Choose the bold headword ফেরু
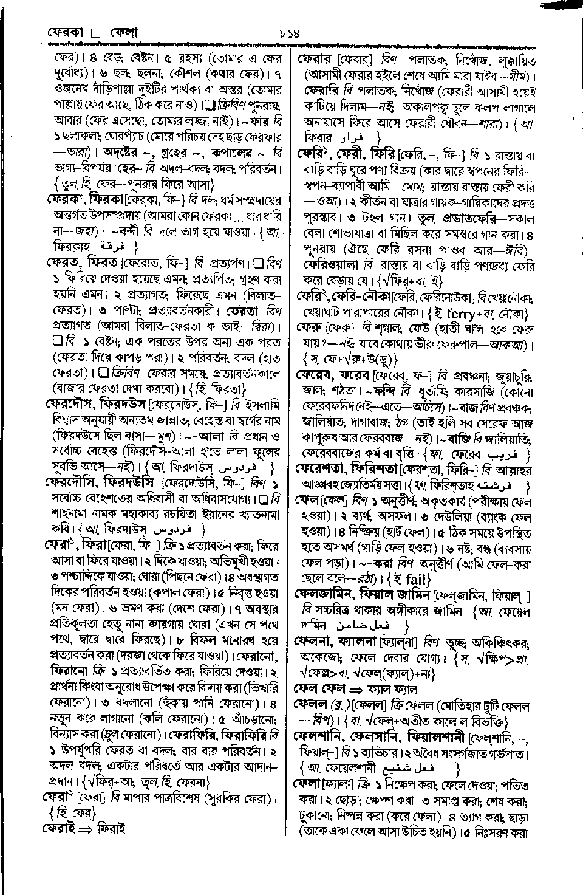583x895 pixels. [309, 329]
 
